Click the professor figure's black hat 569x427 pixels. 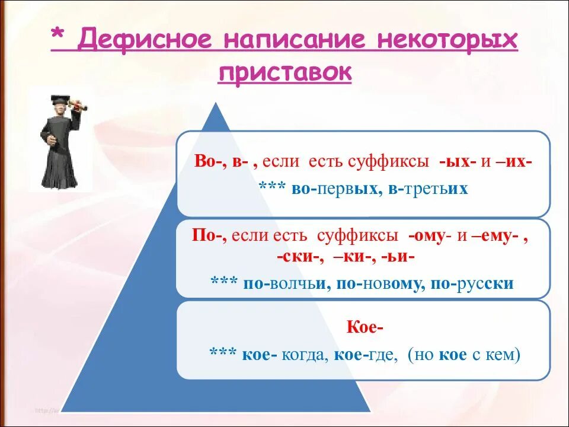point(59,100)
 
